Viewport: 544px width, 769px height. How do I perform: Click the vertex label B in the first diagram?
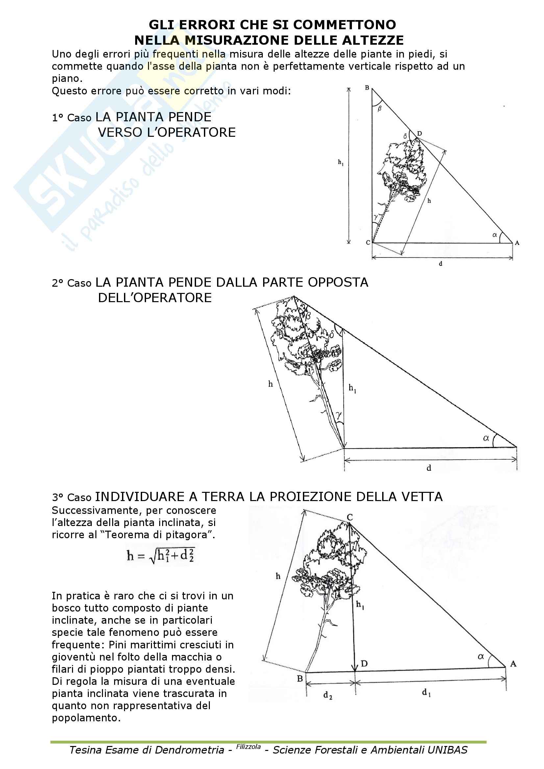367,88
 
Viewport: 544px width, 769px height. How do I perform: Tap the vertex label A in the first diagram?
517,243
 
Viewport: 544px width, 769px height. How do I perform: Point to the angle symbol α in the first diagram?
494,235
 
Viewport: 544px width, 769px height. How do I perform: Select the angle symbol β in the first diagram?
380,108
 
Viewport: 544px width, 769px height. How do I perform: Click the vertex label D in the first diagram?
419,133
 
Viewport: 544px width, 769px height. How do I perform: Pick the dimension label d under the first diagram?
440,264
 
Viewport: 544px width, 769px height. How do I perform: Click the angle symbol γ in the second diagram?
339,416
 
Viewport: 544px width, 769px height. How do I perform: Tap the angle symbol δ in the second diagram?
332,334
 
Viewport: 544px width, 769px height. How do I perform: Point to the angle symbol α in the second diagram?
486,438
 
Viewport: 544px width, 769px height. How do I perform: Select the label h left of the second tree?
271,384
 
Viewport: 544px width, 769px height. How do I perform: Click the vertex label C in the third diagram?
350,517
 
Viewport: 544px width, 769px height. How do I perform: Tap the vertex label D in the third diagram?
364,663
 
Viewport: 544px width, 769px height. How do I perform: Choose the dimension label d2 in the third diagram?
328,696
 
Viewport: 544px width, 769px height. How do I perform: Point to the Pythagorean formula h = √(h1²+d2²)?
161,556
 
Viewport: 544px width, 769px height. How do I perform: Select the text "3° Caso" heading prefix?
71,497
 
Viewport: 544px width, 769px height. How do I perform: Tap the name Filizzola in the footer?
248,747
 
